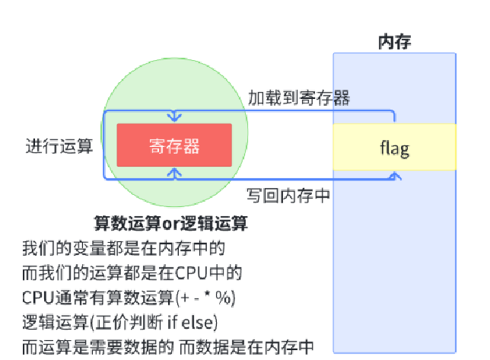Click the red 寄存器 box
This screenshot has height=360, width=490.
click(x=173, y=145)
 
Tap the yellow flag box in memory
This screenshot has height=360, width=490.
click(x=394, y=147)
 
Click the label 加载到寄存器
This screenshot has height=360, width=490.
click(x=299, y=98)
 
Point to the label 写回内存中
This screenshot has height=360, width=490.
click(x=288, y=195)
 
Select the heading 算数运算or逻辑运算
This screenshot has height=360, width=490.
click(x=170, y=224)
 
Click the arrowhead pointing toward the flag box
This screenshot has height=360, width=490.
click(x=394, y=176)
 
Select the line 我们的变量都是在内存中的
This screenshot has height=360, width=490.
click(x=124, y=247)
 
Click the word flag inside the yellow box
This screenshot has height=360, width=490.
click(x=394, y=147)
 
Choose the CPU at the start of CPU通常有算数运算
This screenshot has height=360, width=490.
click(x=38, y=296)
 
